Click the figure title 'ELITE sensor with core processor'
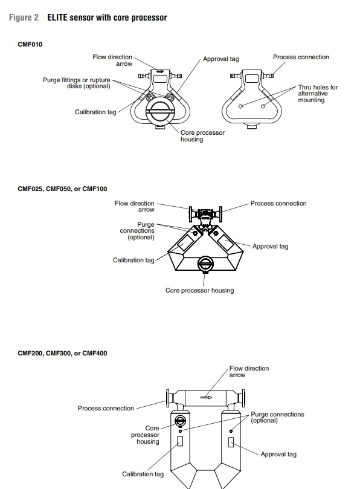pyautogui.click(x=107, y=18)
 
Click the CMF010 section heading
pyautogui.click(x=30, y=44)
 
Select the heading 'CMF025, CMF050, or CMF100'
pyautogui.click(x=62, y=189)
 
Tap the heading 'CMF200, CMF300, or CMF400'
pyautogui.click(x=62, y=354)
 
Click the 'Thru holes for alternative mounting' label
pyautogui.click(x=318, y=94)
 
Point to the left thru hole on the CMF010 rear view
pyautogui.click(x=240, y=106)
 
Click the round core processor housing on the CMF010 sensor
pyautogui.click(x=160, y=111)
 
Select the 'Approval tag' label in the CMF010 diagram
pyautogui.click(x=220, y=59)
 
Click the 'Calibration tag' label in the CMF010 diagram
pyautogui.click(x=95, y=112)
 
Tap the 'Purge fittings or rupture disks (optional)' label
pyautogui.click(x=77, y=83)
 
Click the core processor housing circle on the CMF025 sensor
pyautogui.click(x=205, y=264)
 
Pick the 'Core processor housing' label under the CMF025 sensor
pyautogui.click(x=199, y=290)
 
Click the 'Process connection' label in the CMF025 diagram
pyautogui.click(x=278, y=203)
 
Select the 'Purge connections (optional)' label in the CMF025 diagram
pyautogui.click(x=137, y=231)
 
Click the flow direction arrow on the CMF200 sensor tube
pyautogui.click(x=206, y=397)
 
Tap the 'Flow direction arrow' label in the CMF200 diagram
pyautogui.click(x=249, y=371)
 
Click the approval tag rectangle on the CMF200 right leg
pyautogui.click(x=231, y=442)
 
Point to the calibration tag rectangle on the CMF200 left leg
pyautogui.click(x=180, y=441)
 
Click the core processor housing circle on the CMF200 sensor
pyautogui.click(x=180, y=421)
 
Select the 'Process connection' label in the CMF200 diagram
pyautogui.click(x=106, y=408)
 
